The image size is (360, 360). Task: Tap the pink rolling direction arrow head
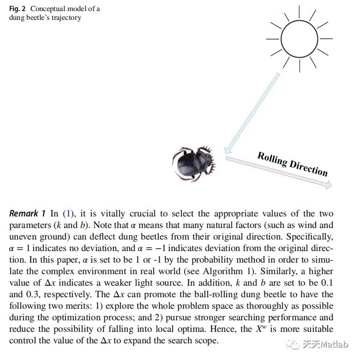pos(328,186)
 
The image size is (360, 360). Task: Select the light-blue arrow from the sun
pos(252,111)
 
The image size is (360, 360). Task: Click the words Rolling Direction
pos(292,163)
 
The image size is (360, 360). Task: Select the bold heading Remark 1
pos(27,214)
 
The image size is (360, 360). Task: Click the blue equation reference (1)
pos(67,214)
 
